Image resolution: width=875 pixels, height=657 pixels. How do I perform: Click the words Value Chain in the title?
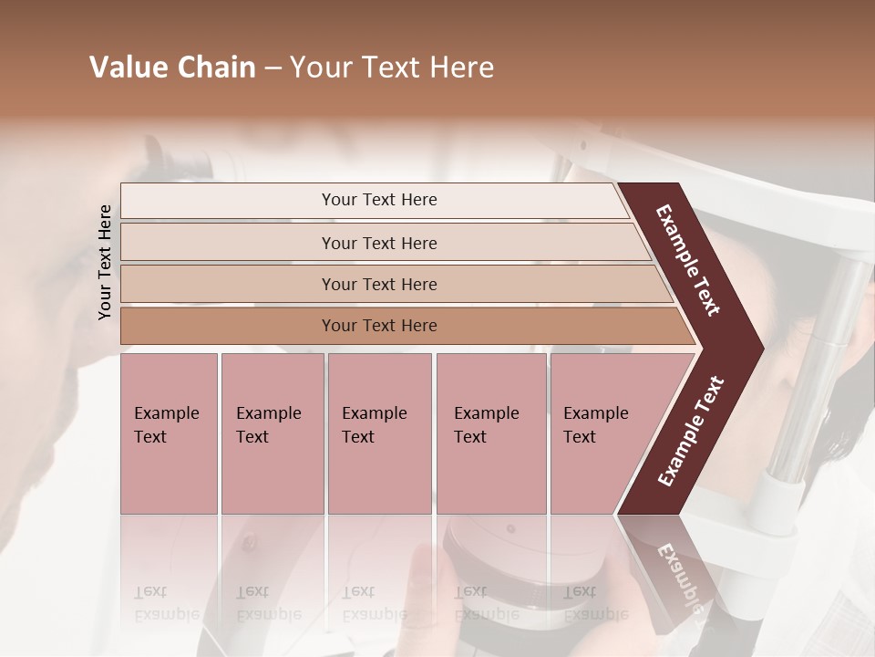[172, 68]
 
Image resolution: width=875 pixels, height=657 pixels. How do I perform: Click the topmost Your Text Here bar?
[378, 200]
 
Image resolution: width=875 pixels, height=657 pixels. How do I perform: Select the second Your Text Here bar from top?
[378, 243]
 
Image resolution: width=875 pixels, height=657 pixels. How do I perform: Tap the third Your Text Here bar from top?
[378, 285]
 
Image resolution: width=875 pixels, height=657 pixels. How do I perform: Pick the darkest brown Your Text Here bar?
[378, 326]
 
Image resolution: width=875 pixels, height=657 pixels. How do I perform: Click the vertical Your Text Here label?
[105, 262]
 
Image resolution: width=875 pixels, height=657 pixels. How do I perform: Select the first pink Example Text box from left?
[169, 433]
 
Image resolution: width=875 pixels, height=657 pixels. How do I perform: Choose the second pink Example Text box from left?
[272, 433]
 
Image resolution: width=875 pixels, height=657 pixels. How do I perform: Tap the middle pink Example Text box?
[379, 433]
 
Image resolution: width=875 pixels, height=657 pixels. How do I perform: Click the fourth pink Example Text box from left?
[490, 433]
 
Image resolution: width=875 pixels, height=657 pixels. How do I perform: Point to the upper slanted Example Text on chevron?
[688, 259]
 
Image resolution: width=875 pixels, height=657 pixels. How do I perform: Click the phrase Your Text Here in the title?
[392, 68]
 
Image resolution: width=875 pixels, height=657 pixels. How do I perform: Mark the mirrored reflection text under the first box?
[168, 603]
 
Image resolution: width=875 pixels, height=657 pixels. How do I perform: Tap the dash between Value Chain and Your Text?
[273, 68]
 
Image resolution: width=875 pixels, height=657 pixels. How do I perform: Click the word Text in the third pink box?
[358, 437]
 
